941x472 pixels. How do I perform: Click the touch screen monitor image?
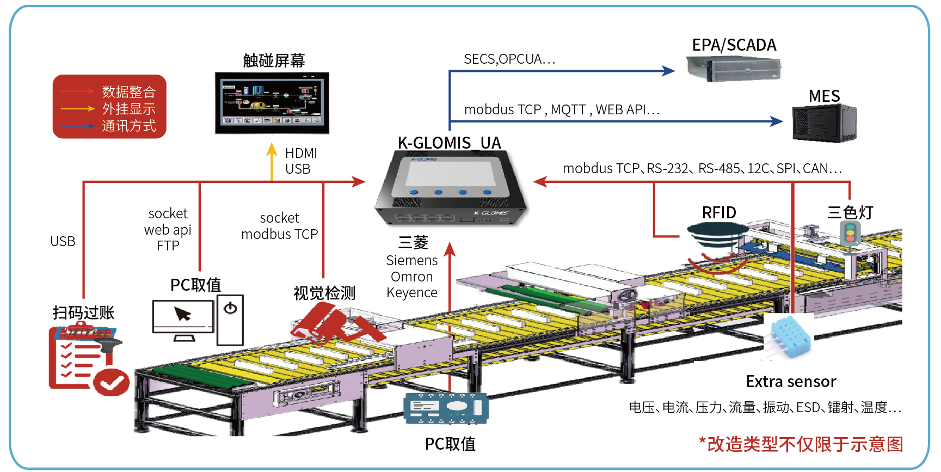[272, 102]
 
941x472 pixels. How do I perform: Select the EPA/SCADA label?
[734, 45]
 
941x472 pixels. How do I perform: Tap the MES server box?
[824, 123]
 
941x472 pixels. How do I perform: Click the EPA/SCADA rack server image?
[733, 69]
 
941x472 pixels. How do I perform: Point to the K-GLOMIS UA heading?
[449, 143]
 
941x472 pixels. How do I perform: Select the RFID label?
[719, 213]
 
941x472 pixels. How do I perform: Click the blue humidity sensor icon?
[789, 338]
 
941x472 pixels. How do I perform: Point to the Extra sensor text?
[790, 382]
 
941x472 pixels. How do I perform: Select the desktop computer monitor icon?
[183, 318]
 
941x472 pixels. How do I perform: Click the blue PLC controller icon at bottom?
[446, 408]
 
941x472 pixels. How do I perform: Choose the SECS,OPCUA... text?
[509, 59]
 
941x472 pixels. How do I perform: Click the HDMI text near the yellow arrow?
[301, 153]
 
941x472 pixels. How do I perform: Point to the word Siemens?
[411, 260]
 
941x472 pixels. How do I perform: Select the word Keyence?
[411, 293]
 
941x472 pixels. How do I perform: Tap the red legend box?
[109, 107]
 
